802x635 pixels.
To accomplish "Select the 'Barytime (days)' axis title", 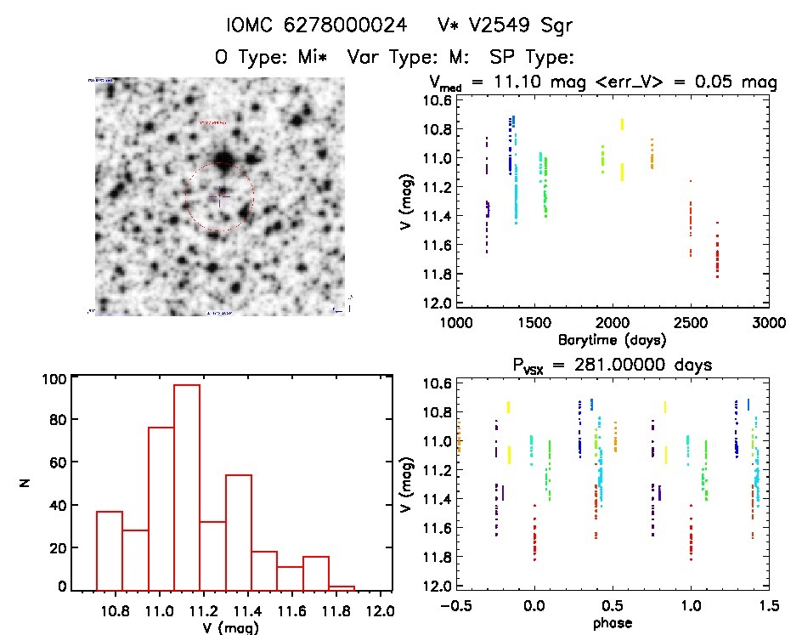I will click(x=612, y=339).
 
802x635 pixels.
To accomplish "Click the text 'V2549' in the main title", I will click(x=507, y=26).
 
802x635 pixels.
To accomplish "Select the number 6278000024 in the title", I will click(x=327, y=26).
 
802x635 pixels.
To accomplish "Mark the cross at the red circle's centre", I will click(x=219, y=198).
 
